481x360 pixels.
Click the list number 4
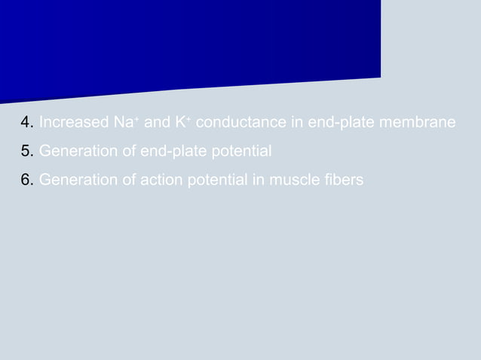tap(26, 123)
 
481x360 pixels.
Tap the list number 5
tap(26, 152)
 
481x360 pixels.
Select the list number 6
tap(26, 181)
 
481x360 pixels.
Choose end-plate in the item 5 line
tap(171, 152)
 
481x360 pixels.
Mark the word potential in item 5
tap(241, 152)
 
